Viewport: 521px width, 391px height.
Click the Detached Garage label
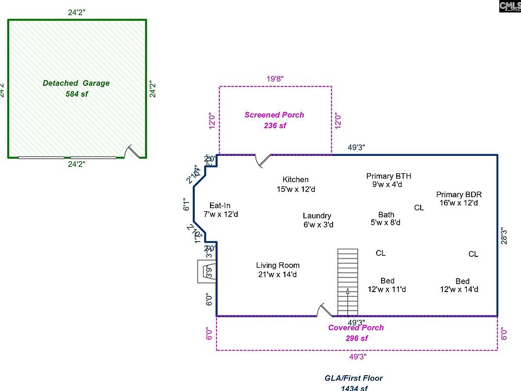[76, 83]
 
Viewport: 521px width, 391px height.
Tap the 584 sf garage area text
[76, 94]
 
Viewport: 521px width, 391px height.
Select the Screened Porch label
[274, 115]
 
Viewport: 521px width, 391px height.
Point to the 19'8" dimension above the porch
[275, 79]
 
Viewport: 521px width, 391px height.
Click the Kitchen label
[295, 179]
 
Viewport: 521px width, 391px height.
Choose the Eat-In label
[220, 205]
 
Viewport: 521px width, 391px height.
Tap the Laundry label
[317, 216]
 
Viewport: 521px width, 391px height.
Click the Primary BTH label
[389, 176]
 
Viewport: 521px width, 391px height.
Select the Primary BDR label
[459, 194]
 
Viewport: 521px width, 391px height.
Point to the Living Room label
[278, 266]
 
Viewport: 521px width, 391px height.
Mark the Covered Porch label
[356, 327]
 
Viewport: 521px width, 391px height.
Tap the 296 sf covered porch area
[356, 338]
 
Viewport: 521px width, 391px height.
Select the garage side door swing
[132, 152]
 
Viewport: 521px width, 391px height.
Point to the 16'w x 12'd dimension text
[459, 203]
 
